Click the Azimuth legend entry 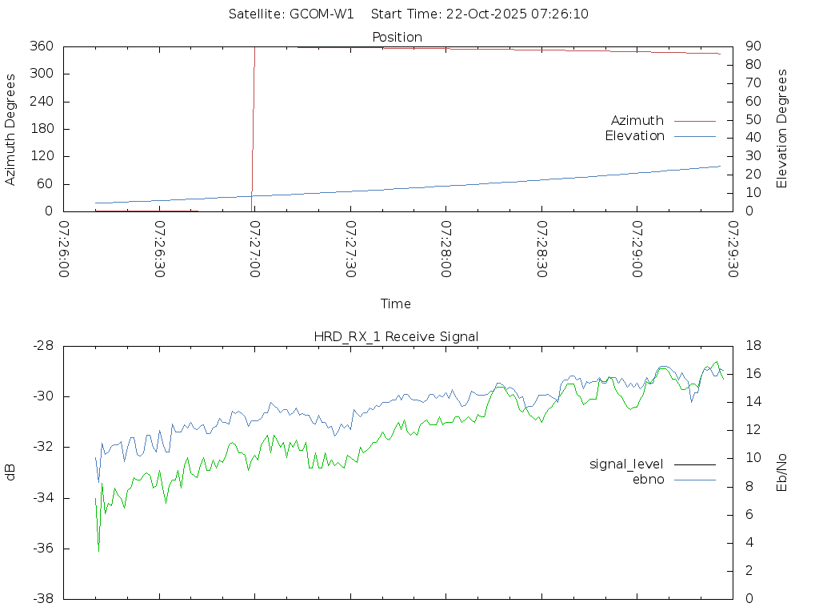(637, 121)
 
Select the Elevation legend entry (634, 136)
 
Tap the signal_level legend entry (626, 464)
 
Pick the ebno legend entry (649, 480)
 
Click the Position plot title (397, 38)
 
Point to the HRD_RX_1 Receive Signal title (397, 337)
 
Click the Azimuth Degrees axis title (11, 129)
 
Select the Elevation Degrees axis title (782, 129)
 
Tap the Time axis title (396, 304)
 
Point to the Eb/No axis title (782, 472)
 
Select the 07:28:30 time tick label (541, 250)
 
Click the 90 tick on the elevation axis (752, 46)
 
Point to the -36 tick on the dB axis (42, 549)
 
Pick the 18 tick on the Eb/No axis (752, 346)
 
